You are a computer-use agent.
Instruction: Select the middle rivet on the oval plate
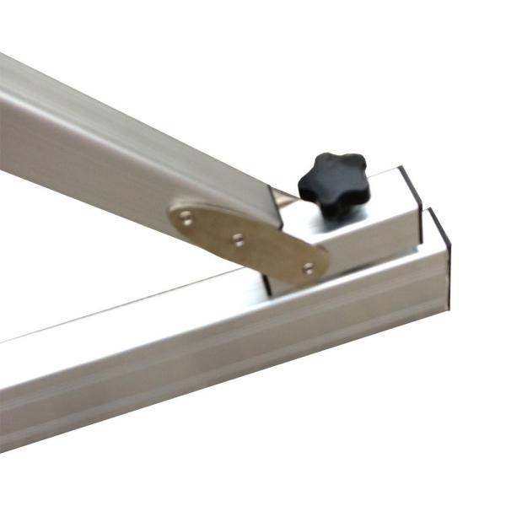click(239, 239)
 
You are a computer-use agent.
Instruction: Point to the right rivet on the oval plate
click(309, 267)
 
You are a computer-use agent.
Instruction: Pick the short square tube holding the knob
click(371, 232)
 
